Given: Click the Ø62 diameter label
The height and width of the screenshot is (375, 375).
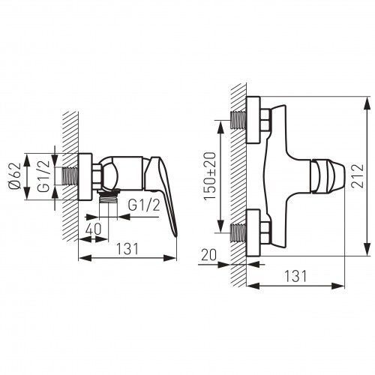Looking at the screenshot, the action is (x=15, y=176).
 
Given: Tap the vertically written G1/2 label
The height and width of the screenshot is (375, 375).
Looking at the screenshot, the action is (x=43, y=176).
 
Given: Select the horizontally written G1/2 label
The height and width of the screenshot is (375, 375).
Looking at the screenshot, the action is (x=144, y=205).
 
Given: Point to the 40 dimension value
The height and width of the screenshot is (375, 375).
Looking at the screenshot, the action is (x=94, y=229).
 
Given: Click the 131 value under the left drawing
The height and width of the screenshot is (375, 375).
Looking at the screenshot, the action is (x=127, y=249).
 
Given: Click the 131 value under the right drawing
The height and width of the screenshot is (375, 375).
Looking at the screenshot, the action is (x=295, y=276).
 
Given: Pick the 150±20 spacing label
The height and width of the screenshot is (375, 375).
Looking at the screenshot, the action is (x=209, y=176).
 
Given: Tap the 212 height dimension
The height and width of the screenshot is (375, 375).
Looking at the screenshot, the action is (x=357, y=175).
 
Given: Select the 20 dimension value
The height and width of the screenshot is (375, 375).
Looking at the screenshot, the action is (x=208, y=255).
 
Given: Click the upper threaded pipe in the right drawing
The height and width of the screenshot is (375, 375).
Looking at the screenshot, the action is (x=238, y=120).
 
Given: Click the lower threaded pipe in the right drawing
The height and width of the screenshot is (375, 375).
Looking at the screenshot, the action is (x=238, y=233).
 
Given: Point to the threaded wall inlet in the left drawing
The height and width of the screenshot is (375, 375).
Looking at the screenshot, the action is (x=70, y=176).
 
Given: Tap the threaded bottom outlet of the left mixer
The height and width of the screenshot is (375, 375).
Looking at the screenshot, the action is (x=108, y=198).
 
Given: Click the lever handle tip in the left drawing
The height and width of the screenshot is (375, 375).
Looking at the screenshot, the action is (x=175, y=235).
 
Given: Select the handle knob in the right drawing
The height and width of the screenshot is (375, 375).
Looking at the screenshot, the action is (x=328, y=176).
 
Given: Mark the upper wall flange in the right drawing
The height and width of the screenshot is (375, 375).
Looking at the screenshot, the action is (x=253, y=120).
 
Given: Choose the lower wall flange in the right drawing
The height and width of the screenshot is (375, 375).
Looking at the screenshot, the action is (x=253, y=232).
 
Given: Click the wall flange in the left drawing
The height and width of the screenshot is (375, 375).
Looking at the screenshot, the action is (x=85, y=177).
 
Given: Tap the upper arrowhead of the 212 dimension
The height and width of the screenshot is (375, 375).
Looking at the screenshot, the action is (x=367, y=103).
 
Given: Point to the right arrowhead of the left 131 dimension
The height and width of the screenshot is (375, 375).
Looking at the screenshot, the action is (x=170, y=258).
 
